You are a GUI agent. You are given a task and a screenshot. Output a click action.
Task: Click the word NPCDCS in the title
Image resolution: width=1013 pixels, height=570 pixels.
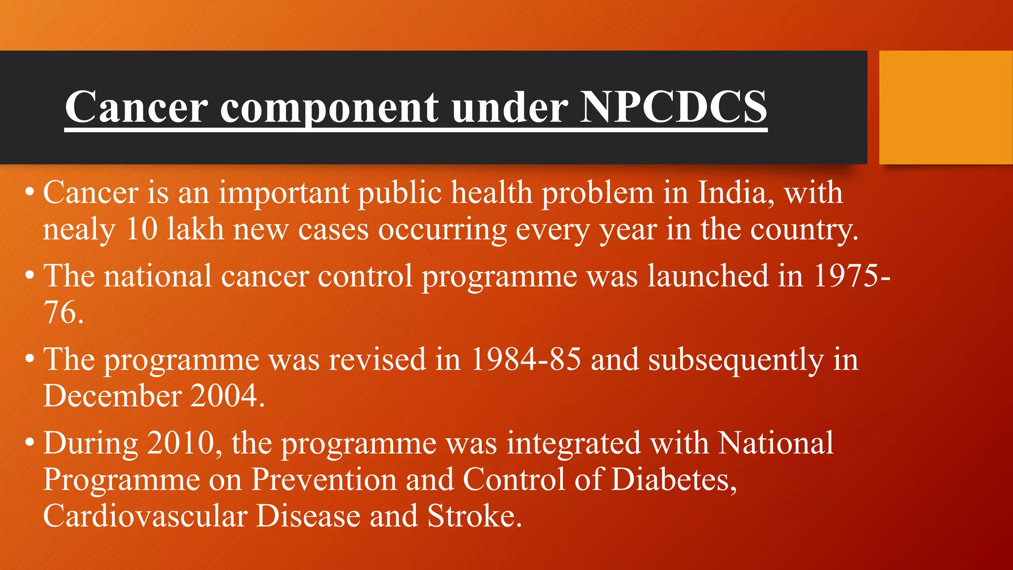click(x=673, y=107)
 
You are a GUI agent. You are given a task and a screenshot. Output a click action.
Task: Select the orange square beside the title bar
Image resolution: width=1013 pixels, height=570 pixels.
click(x=945, y=107)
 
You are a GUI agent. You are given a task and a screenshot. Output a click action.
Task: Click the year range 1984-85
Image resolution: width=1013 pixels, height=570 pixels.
click(x=525, y=359)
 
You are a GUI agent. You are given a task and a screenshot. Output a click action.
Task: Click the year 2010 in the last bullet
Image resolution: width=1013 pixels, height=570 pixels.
click(x=181, y=443)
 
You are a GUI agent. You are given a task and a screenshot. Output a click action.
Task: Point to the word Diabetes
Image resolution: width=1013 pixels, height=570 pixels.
click(x=674, y=479)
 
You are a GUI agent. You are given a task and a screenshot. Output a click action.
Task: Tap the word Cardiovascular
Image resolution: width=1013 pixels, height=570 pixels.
click(x=145, y=516)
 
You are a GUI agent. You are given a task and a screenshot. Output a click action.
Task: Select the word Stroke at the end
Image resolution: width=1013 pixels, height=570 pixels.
click(x=474, y=516)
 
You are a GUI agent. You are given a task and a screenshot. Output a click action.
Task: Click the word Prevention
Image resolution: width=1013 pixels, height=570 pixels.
click(x=324, y=479)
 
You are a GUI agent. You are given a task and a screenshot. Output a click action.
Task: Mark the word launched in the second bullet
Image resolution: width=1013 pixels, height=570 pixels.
click(x=708, y=276)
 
